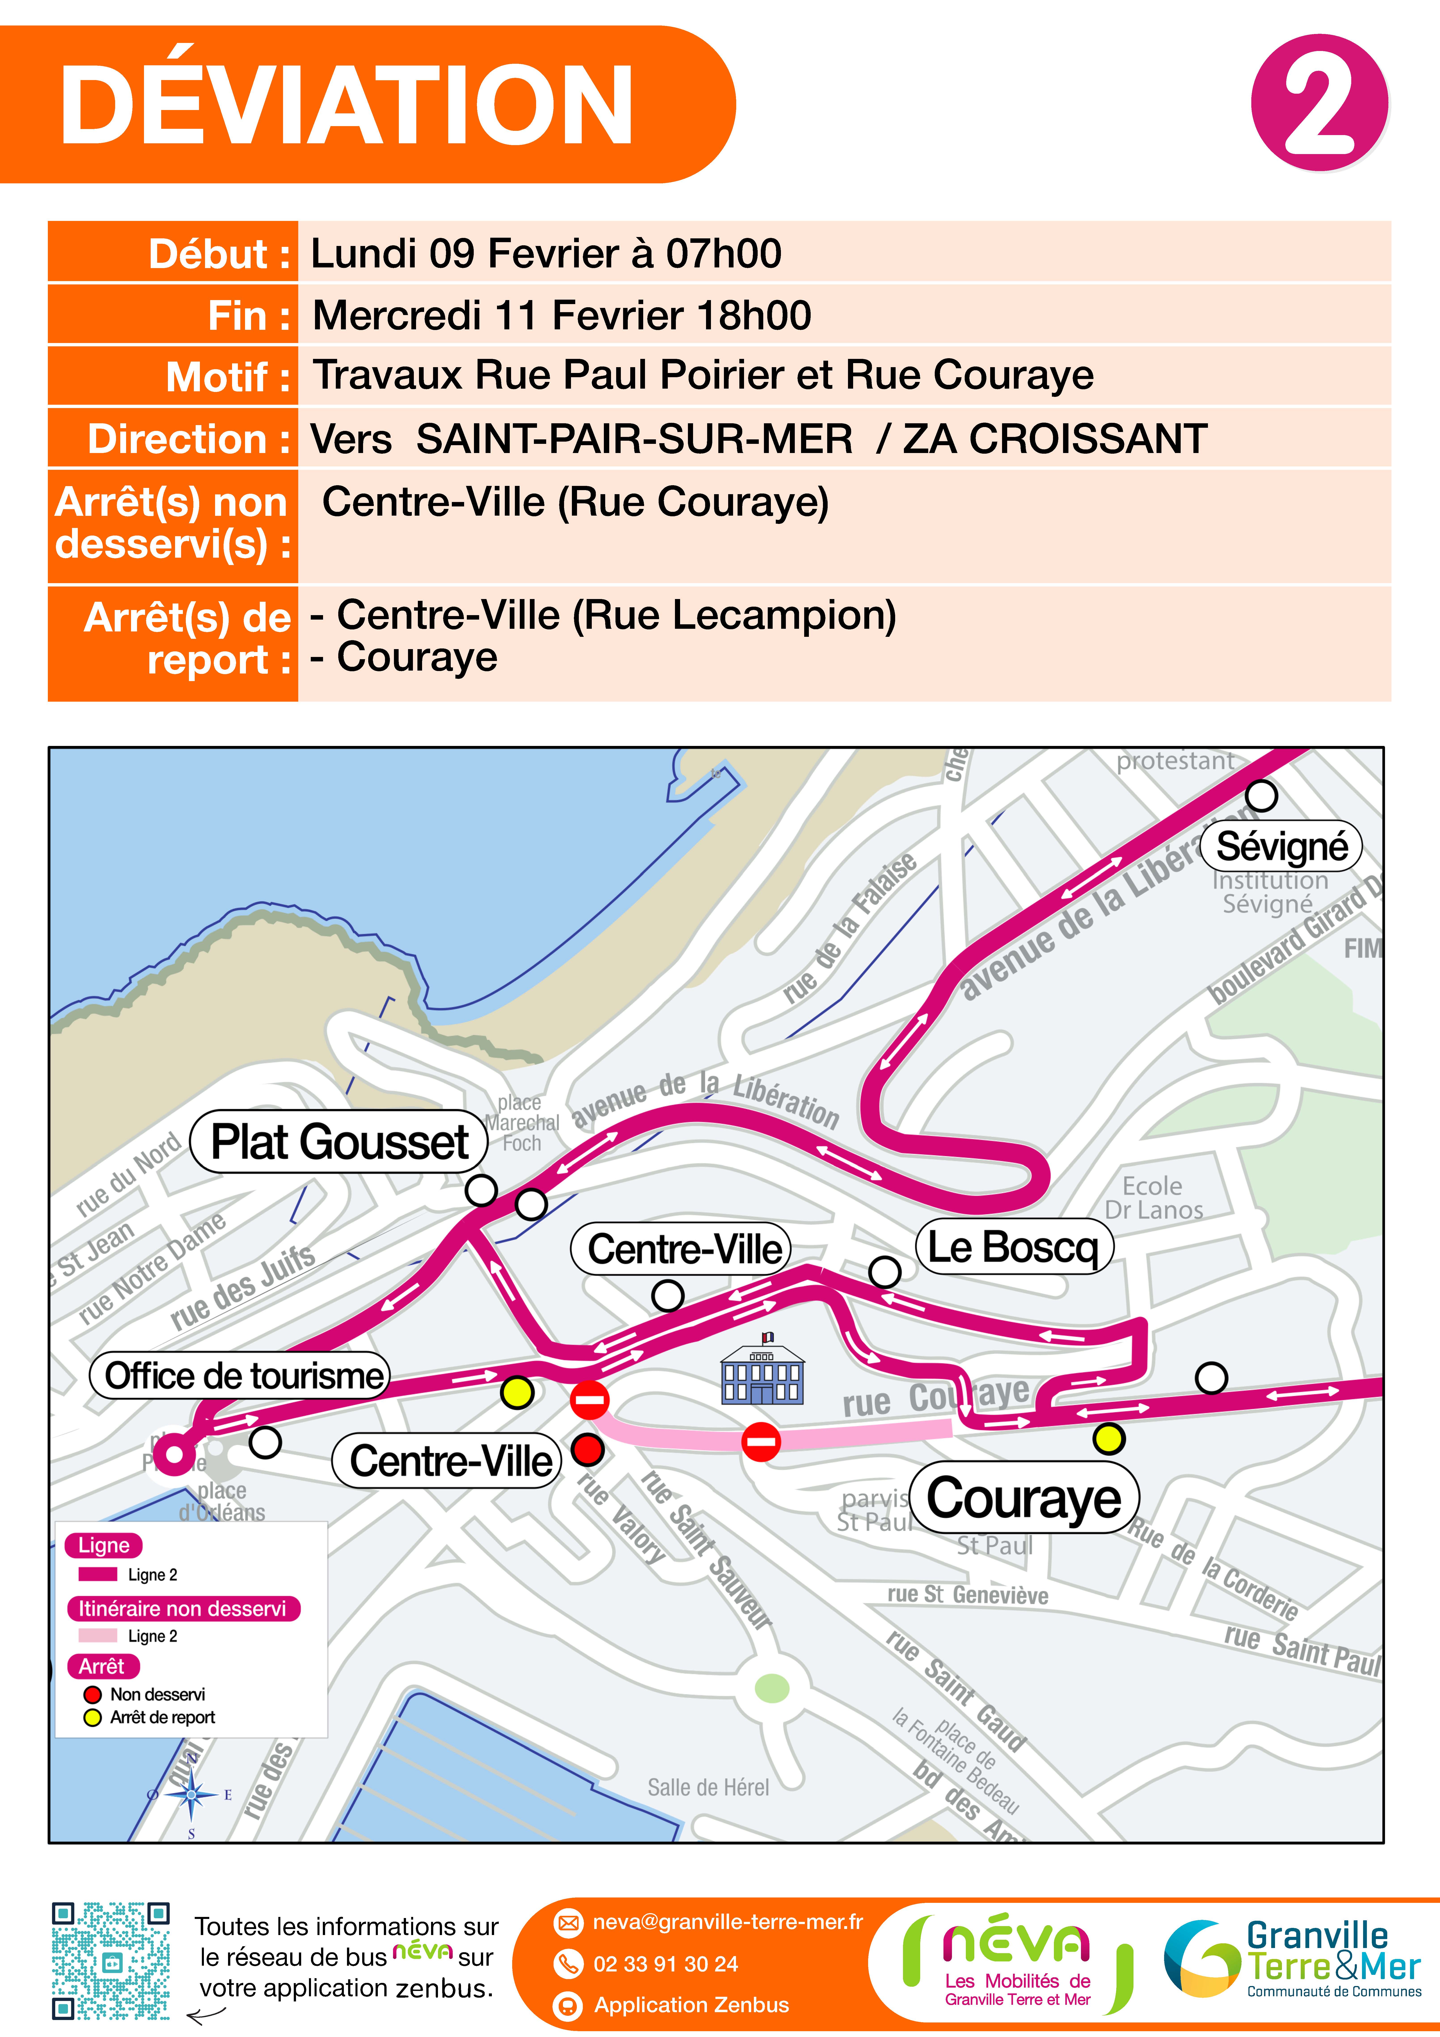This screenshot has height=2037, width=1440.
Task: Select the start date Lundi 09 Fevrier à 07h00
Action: click(546, 254)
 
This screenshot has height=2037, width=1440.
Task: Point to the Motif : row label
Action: click(228, 377)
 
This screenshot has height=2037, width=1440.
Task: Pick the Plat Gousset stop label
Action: click(339, 1142)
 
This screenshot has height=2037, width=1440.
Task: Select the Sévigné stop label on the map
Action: click(1281, 846)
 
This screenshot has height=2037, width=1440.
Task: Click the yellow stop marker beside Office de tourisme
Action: click(517, 1393)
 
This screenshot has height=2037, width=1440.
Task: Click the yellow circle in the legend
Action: click(92, 1718)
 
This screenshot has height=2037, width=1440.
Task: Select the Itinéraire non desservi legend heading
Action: click(183, 1609)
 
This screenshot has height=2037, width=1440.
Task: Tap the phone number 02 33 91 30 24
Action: click(665, 1963)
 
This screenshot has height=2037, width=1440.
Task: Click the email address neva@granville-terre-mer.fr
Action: click(727, 1922)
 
